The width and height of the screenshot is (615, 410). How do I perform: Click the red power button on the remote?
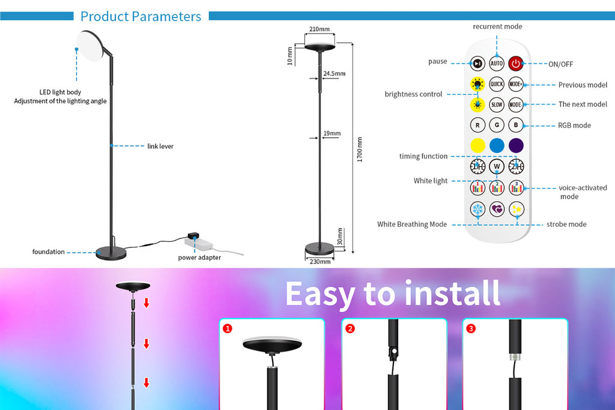pyautogui.click(x=516, y=63)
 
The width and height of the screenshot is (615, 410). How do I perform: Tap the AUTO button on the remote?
pyautogui.click(x=497, y=63)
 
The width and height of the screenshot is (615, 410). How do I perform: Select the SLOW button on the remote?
pyautogui.click(x=497, y=104)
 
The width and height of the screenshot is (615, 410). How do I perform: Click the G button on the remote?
pyautogui.click(x=497, y=125)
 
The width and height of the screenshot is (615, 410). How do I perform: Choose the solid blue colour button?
pyautogui.click(x=497, y=145)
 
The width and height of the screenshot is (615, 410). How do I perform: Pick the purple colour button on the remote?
pyautogui.click(x=516, y=145)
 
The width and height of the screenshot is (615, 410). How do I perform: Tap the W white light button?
pyautogui.click(x=497, y=166)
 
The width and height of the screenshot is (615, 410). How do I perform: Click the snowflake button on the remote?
pyautogui.click(x=477, y=209)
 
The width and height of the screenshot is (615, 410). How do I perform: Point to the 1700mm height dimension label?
pyautogui.click(x=360, y=149)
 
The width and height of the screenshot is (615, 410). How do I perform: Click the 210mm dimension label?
pyautogui.click(x=320, y=29)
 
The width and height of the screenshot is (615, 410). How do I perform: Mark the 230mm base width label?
pyautogui.click(x=320, y=262)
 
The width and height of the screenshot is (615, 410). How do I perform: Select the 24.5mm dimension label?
pyautogui.click(x=334, y=74)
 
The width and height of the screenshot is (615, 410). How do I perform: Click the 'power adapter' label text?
pyautogui.click(x=199, y=258)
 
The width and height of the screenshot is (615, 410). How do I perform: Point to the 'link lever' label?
pyautogui.click(x=160, y=146)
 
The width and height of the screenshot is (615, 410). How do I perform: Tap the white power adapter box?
pyautogui.click(x=198, y=243)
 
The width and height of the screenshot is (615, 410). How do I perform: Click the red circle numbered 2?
pyautogui.click(x=350, y=328)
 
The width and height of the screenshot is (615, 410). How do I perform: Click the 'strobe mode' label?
pyautogui.click(x=566, y=224)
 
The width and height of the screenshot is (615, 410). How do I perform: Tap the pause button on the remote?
pyautogui.click(x=477, y=63)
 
